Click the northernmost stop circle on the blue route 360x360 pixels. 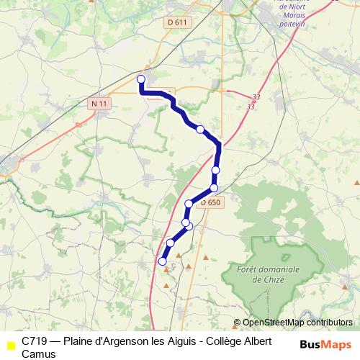(141, 79)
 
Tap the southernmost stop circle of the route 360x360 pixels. (163, 261)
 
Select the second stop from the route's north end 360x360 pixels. (200, 130)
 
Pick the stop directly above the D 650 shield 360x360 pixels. (213, 188)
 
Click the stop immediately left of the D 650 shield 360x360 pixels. (189, 204)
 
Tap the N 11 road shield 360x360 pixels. (99, 104)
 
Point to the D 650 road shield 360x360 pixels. (210, 203)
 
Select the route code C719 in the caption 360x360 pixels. (35, 340)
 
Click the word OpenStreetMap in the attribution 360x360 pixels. (275, 323)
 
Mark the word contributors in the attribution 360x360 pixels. (330, 323)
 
